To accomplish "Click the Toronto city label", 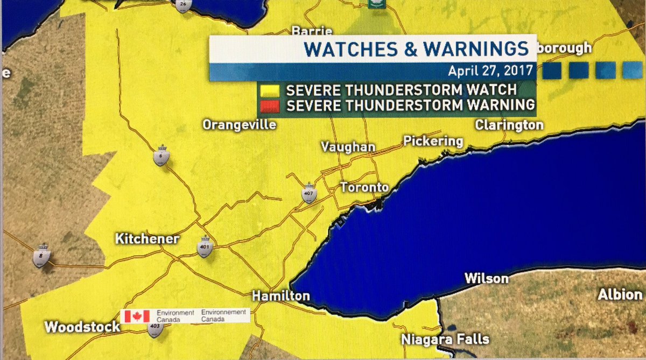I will coord(364,188).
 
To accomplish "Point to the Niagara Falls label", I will coord(445,339).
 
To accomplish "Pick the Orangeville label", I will coord(239,125).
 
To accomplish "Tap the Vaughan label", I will coord(348,147).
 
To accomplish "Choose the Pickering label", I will coord(433,141).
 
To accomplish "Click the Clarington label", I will coord(509,125).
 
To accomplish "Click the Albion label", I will coord(620,294).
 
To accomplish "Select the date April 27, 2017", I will coord(490,71).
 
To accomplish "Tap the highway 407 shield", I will coord(308,195).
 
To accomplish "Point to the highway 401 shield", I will coord(204,248).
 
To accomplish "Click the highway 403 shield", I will coord(156,329).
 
